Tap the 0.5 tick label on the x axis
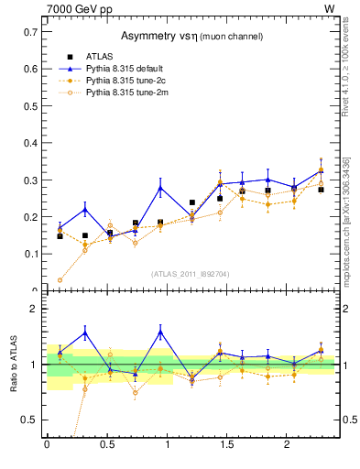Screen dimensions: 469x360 click(107, 445)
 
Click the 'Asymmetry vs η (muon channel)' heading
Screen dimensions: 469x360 click(192, 37)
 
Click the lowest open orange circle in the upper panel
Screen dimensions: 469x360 click(60, 280)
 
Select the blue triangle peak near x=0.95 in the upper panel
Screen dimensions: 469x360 click(160, 188)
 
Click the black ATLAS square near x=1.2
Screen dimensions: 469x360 click(192, 202)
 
